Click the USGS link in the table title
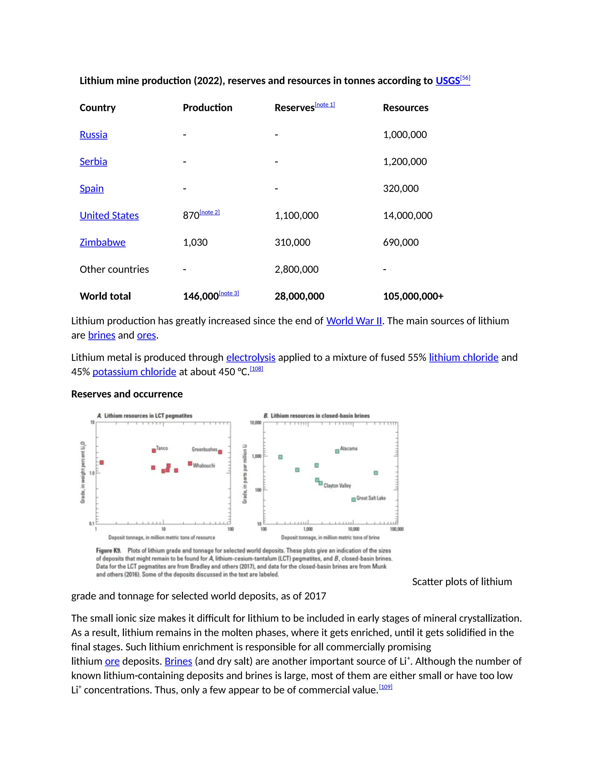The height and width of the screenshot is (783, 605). pos(447,81)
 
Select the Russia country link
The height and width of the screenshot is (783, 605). pos(93,135)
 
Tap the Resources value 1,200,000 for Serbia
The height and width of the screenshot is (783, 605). pos(405,162)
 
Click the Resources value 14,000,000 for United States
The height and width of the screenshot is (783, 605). pos(407,215)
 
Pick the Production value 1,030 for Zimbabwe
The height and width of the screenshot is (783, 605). pos(195,242)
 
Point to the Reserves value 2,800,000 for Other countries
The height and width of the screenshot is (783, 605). pos(296,269)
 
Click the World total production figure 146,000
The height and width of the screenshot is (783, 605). pos(201,296)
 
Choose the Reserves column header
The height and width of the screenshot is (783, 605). pos(294,108)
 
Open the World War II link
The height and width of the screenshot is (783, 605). pos(354,321)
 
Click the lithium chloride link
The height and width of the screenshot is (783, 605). pos(463,358)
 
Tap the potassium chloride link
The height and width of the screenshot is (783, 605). pos(134,372)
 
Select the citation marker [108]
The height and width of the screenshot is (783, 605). pos(256,368)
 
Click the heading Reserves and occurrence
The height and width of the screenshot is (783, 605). pos(127,394)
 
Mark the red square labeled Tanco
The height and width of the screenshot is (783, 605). pos(154,451)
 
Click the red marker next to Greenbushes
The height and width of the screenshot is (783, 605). pos(220,452)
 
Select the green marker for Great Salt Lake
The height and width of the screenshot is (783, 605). pos(353,499)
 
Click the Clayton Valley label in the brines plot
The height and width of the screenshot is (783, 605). pos(337,486)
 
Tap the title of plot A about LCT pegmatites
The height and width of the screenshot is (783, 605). pos(145,416)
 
